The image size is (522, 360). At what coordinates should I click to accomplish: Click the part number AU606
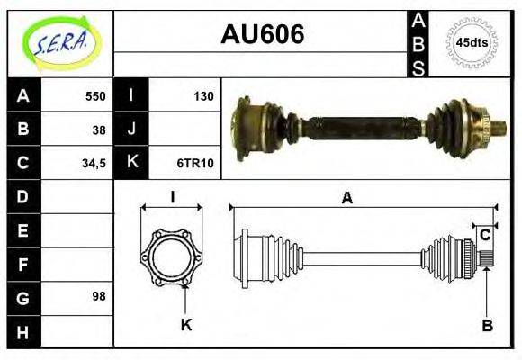pyautogui.click(x=262, y=34)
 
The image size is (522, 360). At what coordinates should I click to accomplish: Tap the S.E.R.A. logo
pyautogui.click(x=61, y=44)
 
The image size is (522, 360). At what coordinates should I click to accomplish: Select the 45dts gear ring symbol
pyautogui.click(x=472, y=43)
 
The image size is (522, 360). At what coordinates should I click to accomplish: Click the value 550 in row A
pyautogui.click(x=95, y=96)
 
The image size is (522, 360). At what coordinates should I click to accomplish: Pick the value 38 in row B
pyautogui.click(x=99, y=130)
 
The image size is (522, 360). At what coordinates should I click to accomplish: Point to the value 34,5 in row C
pyautogui.click(x=94, y=164)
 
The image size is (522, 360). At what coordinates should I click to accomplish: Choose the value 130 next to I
pyautogui.click(x=203, y=96)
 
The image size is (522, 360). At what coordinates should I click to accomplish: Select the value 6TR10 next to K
pyautogui.click(x=195, y=163)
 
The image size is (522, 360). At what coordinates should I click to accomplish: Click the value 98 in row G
pyautogui.click(x=99, y=296)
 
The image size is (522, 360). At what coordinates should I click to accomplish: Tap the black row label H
pyautogui.click(x=23, y=331)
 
